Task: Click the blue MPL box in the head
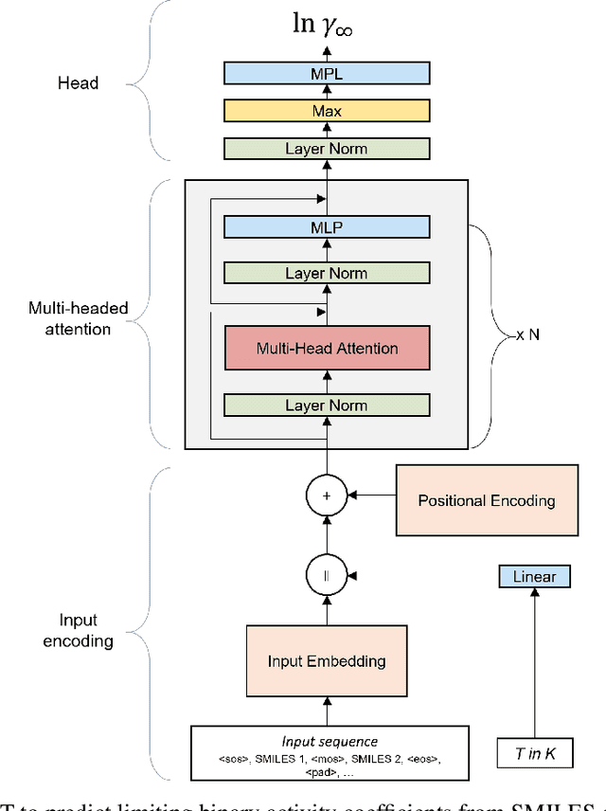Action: coord(327,73)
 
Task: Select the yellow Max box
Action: coord(327,111)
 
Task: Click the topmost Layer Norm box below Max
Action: coord(327,149)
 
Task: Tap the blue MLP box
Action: coord(327,226)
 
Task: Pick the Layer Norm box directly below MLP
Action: coord(327,273)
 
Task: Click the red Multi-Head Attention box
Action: coord(327,348)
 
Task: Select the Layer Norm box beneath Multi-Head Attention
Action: coord(327,405)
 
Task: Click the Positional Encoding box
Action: coord(487,500)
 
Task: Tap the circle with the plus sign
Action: coord(326,494)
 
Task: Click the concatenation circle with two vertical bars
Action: coord(326,575)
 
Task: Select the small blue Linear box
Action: coord(534,576)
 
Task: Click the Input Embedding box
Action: coord(327,660)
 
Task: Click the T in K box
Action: coord(534,754)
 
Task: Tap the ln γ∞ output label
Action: coord(327,25)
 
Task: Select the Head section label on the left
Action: coord(78,83)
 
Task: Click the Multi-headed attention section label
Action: coord(78,318)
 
